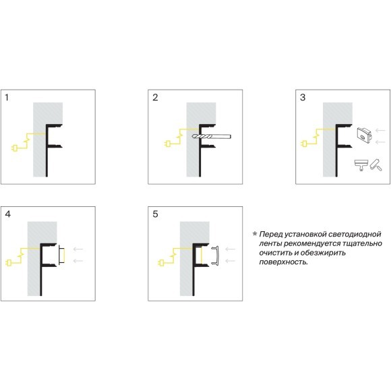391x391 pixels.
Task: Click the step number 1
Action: [7, 97]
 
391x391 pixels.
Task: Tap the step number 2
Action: [155, 97]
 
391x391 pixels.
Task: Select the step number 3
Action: [303, 97]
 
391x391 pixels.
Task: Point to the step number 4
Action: [7, 214]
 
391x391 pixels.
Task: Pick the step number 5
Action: [155, 214]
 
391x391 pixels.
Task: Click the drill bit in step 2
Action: [212, 136]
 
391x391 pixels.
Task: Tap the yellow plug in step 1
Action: [14, 148]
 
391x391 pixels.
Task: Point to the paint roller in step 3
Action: [376, 165]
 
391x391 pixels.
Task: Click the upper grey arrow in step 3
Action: [380, 130]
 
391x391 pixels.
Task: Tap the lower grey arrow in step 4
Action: [78, 261]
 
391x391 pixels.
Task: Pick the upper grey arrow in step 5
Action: [230, 249]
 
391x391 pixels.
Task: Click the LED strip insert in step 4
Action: [62, 255]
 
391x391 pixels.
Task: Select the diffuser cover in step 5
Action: [216, 255]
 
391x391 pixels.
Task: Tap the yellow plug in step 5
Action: [161, 263]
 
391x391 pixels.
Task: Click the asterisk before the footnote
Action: [255, 234]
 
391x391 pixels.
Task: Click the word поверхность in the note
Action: [284, 262]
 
